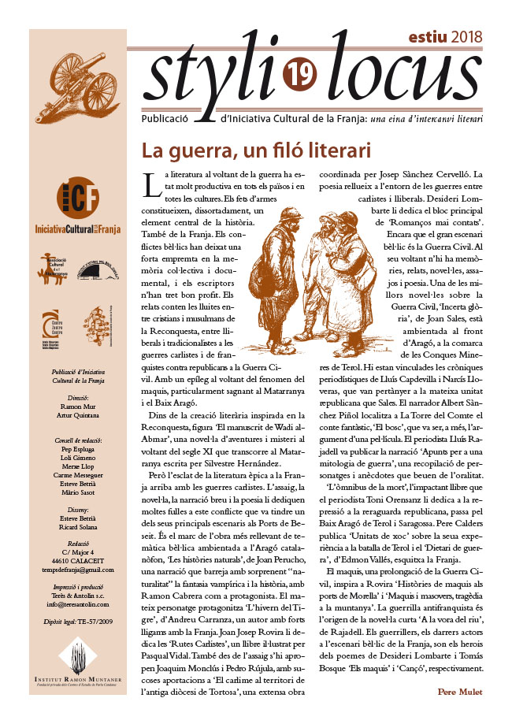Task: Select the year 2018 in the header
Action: pyautogui.click(x=469, y=37)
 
